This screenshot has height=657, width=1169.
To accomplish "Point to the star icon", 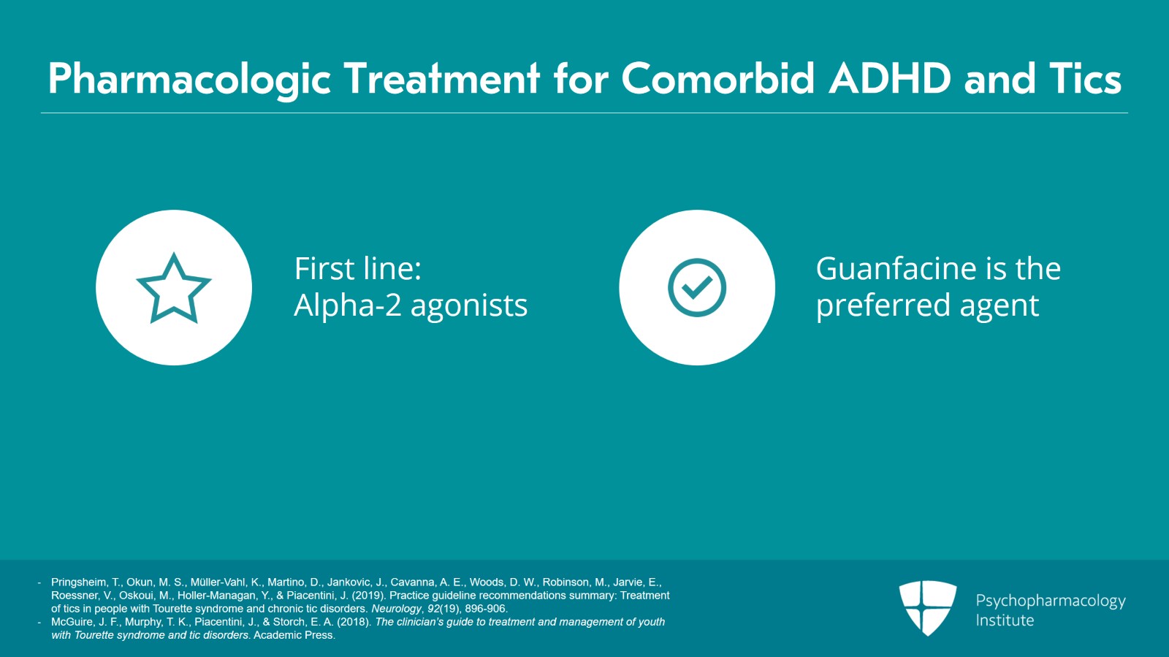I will tap(174, 288).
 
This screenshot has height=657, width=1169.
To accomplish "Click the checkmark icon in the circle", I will tap(697, 287).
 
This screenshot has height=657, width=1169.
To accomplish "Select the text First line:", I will tap(358, 269).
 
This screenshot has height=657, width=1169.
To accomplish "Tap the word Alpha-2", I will tap(347, 305).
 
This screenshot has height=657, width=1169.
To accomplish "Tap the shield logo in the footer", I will tap(927, 607).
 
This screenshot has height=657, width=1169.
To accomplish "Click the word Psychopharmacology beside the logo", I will tap(1050, 601).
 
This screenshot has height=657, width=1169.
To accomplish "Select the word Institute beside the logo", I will tap(1005, 620).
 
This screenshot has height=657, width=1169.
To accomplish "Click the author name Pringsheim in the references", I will tap(78, 582).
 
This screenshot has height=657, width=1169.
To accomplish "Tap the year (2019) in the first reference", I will tap(369, 596).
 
